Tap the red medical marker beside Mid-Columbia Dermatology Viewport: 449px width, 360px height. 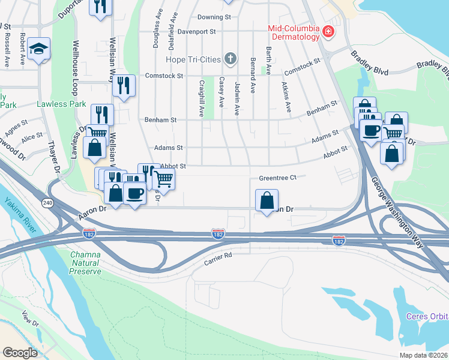point(328,32)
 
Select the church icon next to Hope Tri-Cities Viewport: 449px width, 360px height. point(229,59)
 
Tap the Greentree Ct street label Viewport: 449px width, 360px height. point(278,178)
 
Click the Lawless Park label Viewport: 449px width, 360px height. point(58,103)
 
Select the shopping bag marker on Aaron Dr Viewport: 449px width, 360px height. point(267,200)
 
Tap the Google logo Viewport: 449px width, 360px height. point(20,353)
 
